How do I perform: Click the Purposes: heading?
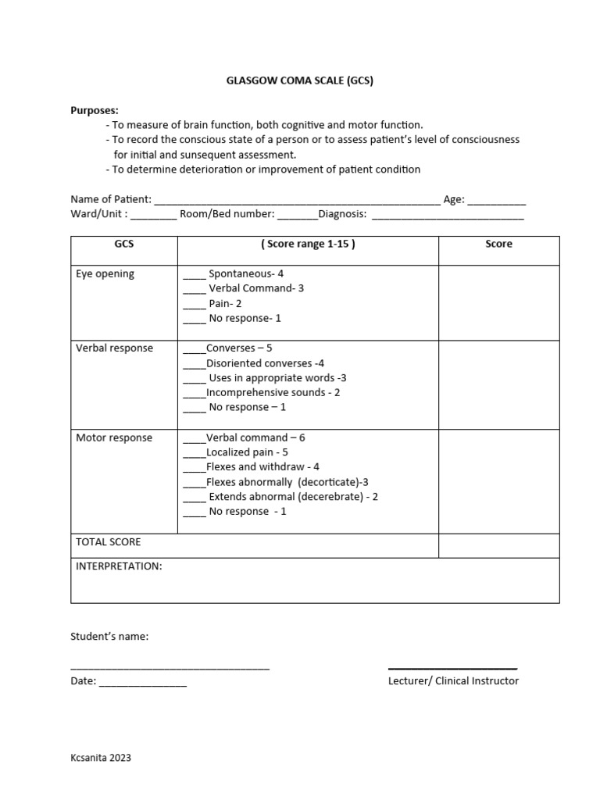pyautogui.click(x=95, y=110)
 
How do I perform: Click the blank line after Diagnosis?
pyautogui.click(x=448, y=216)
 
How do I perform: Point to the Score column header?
pyautogui.click(x=498, y=245)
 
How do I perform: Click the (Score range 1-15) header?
pyautogui.click(x=308, y=245)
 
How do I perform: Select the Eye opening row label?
pyautogui.click(x=105, y=274)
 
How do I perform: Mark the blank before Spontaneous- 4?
pyautogui.click(x=194, y=276)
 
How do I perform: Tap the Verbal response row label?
pyautogui.click(x=114, y=348)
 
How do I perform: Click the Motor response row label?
pyautogui.click(x=113, y=438)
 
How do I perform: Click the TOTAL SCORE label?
pyautogui.click(x=108, y=542)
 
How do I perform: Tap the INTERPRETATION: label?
pyautogui.click(x=119, y=566)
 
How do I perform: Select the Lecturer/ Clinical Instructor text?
pyautogui.click(x=453, y=681)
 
